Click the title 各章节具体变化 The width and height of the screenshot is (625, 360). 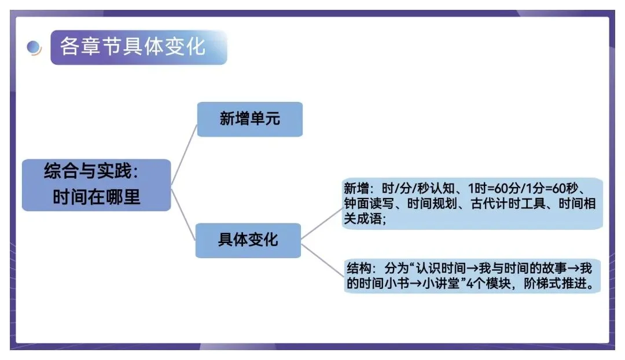133,46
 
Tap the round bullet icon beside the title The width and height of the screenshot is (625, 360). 34,47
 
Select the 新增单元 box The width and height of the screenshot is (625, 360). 249,119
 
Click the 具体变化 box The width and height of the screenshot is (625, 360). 248,240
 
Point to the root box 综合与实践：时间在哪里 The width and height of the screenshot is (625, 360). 96,185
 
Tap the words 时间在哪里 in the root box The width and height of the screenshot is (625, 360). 96,197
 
